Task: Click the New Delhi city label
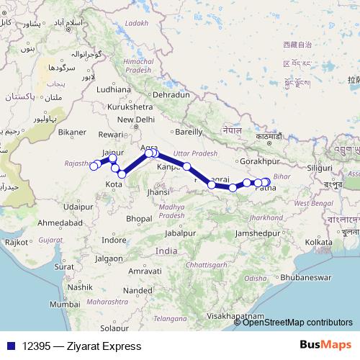[x=136, y=120]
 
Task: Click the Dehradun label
[x=171, y=94]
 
